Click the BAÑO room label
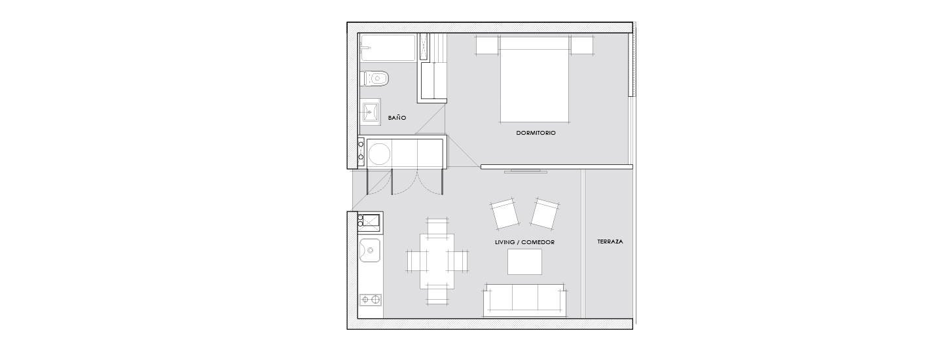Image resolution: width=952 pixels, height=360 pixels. tap(397, 118)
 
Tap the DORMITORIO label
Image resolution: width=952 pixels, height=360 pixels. tap(536, 133)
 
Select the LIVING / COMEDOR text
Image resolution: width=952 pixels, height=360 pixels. tap(524, 242)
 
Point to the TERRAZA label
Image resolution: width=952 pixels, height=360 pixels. tap(610, 242)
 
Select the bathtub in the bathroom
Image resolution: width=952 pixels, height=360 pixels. tap(388, 48)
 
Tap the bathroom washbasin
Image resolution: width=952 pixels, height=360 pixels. tap(370, 111)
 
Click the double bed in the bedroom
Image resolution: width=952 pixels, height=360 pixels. tap(535, 79)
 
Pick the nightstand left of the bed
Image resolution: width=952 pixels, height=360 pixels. tap(486, 45)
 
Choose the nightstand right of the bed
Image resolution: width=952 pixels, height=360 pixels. tap(582, 45)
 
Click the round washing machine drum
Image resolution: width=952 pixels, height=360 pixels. tap(379, 153)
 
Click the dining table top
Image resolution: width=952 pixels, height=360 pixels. tap(437, 261)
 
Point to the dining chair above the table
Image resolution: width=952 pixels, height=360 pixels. tap(437, 226)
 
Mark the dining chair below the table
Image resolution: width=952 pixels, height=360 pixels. tap(437, 297)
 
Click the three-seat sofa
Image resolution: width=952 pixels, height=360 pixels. tap(525, 300)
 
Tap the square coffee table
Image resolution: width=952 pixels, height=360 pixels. tap(524, 262)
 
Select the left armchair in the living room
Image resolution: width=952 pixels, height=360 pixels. tap(504, 214)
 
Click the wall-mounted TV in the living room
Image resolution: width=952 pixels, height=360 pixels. tap(526, 171)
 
